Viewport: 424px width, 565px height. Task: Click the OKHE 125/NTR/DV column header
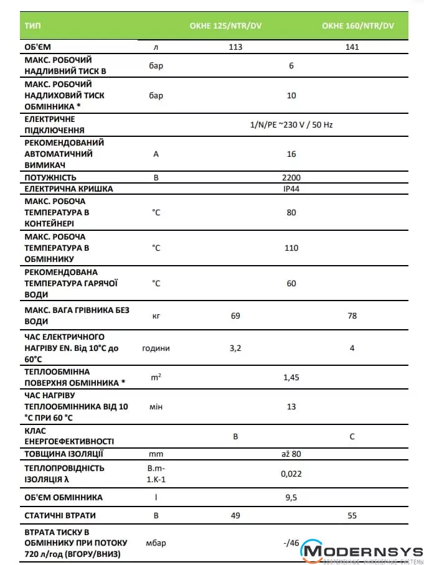[x=225, y=26]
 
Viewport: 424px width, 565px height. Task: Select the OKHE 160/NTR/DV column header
[x=358, y=26]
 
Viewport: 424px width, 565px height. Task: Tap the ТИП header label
[x=32, y=26]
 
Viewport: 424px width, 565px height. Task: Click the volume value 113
[x=235, y=47]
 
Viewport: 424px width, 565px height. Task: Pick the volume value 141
[x=352, y=47]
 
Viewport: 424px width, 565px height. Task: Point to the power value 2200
[x=291, y=177]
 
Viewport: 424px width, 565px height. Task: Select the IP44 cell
[x=291, y=189]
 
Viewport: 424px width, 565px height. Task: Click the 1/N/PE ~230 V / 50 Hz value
[x=291, y=124]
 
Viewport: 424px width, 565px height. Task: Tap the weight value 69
[x=235, y=315]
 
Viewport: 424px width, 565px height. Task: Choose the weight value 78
[x=352, y=315]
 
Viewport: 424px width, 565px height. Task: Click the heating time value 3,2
[x=235, y=348]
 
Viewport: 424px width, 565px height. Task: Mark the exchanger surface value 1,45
[x=291, y=377]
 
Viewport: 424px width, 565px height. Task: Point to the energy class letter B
[x=235, y=436]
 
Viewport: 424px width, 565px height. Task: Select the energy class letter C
[x=352, y=436]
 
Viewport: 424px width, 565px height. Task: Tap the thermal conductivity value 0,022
[x=291, y=474]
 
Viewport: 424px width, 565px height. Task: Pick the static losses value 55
[x=352, y=516]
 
